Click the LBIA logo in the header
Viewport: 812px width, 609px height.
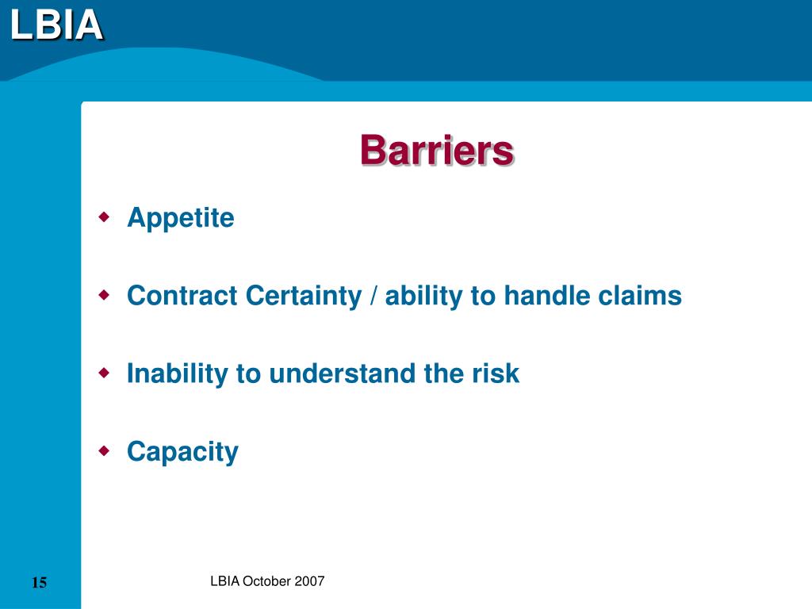56,25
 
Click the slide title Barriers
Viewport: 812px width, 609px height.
437,150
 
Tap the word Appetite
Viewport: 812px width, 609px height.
181,218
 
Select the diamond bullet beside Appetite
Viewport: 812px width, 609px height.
105,216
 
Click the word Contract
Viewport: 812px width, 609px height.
182,295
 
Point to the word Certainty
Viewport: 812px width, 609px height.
304,297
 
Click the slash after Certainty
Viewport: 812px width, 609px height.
373,297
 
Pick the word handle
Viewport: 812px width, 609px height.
547,295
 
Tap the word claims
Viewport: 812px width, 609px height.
640,295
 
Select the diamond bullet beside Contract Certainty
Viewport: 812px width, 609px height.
105,295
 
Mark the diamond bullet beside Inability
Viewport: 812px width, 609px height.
105,373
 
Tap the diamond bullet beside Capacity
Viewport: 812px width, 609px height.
105,451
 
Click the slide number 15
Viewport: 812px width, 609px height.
40,583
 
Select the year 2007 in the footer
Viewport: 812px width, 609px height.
309,581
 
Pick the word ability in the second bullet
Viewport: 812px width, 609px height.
424,297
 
